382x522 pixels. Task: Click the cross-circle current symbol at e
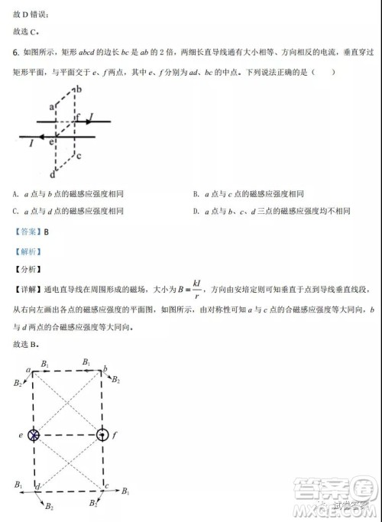click(34, 434)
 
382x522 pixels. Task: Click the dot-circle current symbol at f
click(103, 434)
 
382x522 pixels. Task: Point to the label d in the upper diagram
click(50, 173)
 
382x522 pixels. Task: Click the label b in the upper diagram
click(78, 89)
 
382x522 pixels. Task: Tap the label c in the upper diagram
click(79, 155)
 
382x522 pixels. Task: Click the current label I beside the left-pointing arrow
click(31, 142)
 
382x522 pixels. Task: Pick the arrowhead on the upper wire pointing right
click(84, 121)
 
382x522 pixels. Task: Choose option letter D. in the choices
click(196, 211)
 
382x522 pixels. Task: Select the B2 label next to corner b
click(115, 379)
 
